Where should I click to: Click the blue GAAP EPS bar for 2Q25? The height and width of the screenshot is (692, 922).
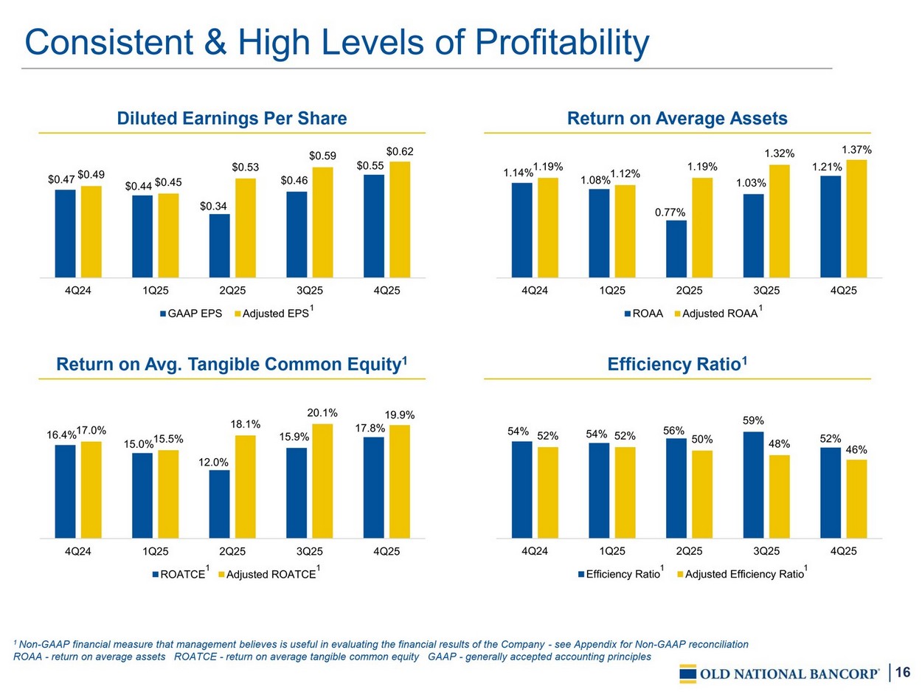(x=219, y=246)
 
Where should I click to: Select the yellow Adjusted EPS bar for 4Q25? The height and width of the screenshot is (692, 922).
(x=400, y=219)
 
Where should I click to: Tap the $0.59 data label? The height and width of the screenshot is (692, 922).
(x=322, y=156)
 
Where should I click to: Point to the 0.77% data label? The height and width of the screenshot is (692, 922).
(x=670, y=212)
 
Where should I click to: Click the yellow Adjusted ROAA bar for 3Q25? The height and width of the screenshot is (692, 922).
(x=779, y=221)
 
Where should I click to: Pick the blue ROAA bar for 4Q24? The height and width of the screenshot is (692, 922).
(x=521, y=229)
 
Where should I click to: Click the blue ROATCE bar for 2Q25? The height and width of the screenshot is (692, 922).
(x=219, y=504)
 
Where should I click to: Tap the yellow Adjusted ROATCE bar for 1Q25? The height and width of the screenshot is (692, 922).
(x=168, y=494)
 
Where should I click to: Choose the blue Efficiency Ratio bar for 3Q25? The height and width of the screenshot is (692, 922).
(x=753, y=485)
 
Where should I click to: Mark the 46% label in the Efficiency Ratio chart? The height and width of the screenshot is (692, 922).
(x=856, y=449)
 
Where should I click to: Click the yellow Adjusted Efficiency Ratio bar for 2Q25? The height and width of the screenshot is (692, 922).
(x=702, y=494)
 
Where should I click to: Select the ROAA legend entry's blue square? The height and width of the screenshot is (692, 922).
(x=627, y=314)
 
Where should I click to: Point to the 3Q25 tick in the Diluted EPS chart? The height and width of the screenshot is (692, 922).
(x=310, y=291)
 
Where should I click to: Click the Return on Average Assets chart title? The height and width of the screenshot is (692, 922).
(x=676, y=118)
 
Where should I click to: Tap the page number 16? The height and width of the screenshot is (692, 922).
(x=904, y=671)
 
